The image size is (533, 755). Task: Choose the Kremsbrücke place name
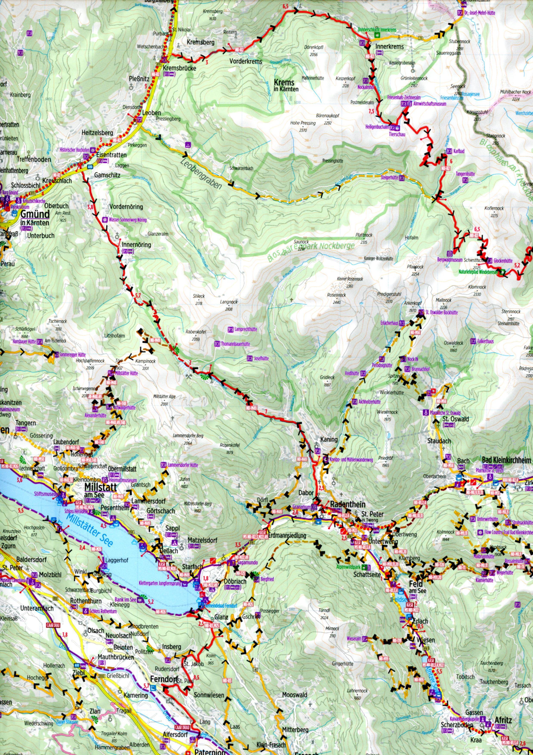pos(179,68)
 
